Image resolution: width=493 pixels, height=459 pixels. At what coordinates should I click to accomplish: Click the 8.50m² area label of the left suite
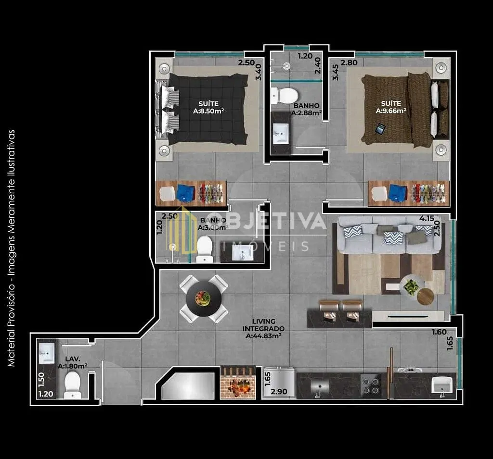tap(208, 111)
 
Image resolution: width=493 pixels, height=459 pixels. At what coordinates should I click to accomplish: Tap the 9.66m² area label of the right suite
tap(391, 111)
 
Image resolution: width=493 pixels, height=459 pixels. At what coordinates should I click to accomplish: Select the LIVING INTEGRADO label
tap(263, 325)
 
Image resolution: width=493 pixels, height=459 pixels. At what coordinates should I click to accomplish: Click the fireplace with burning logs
tap(238, 383)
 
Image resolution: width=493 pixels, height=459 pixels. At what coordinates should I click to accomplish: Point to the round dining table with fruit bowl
tap(204, 298)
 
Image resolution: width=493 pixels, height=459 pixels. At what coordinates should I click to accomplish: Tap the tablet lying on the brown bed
tap(380, 129)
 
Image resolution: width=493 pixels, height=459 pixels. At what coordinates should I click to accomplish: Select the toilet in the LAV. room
tap(73, 385)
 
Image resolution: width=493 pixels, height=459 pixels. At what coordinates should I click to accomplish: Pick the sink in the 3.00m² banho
tap(243, 253)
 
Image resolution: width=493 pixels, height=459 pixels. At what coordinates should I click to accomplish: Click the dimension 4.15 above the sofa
tap(427, 218)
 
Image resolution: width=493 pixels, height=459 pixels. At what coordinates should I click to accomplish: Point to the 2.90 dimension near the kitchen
tap(279, 392)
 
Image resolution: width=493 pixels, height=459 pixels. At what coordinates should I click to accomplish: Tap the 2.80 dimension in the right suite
tap(349, 62)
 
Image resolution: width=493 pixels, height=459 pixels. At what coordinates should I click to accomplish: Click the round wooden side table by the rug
tap(426, 297)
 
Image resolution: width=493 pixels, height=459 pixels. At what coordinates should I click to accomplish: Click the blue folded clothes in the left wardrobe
tap(185, 193)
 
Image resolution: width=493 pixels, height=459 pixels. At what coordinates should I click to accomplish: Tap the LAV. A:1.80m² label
tap(73, 362)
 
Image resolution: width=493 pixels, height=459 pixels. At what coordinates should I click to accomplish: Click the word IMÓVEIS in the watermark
tap(266, 246)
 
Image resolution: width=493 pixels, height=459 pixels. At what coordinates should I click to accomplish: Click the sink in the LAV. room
tap(47, 353)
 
